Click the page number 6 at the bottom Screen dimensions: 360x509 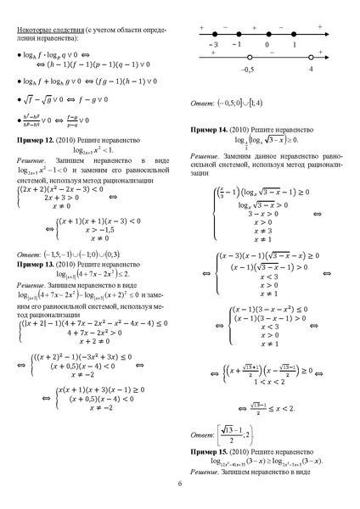[x=180, y=484]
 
